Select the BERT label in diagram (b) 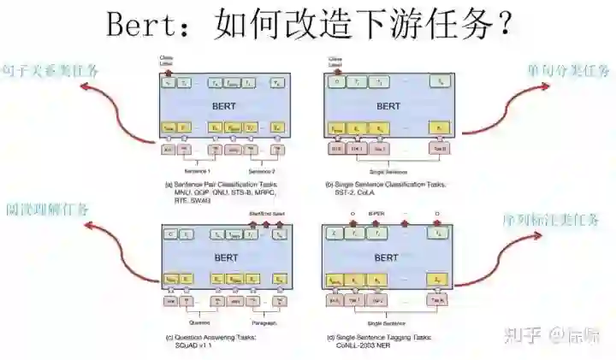click(388, 107)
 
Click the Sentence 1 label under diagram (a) click(199, 170)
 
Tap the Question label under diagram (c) click(199, 323)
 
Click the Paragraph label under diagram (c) click(262, 323)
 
